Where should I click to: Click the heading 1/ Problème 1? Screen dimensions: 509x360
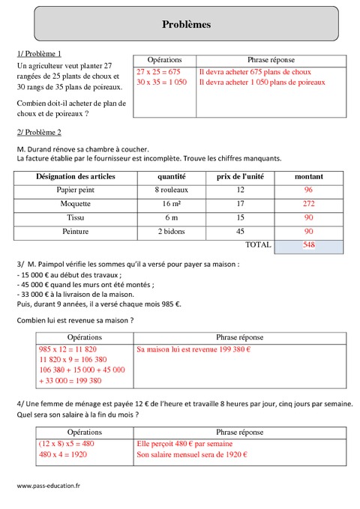point(38,53)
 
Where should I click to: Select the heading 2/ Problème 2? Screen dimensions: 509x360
point(38,133)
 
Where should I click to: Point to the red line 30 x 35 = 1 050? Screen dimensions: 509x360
point(162,82)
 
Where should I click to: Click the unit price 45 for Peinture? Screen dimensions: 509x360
point(240,232)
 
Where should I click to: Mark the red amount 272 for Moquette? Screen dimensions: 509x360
point(308,204)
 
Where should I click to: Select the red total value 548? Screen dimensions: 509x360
point(308,245)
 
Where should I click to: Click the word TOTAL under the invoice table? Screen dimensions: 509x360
point(258,245)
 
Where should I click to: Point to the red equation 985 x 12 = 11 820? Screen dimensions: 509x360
point(68,349)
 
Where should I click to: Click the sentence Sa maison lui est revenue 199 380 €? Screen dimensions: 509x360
point(193,349)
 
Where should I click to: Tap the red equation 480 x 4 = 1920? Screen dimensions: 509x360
point(66,454)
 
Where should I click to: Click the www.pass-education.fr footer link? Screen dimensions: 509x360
point(49,486)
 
